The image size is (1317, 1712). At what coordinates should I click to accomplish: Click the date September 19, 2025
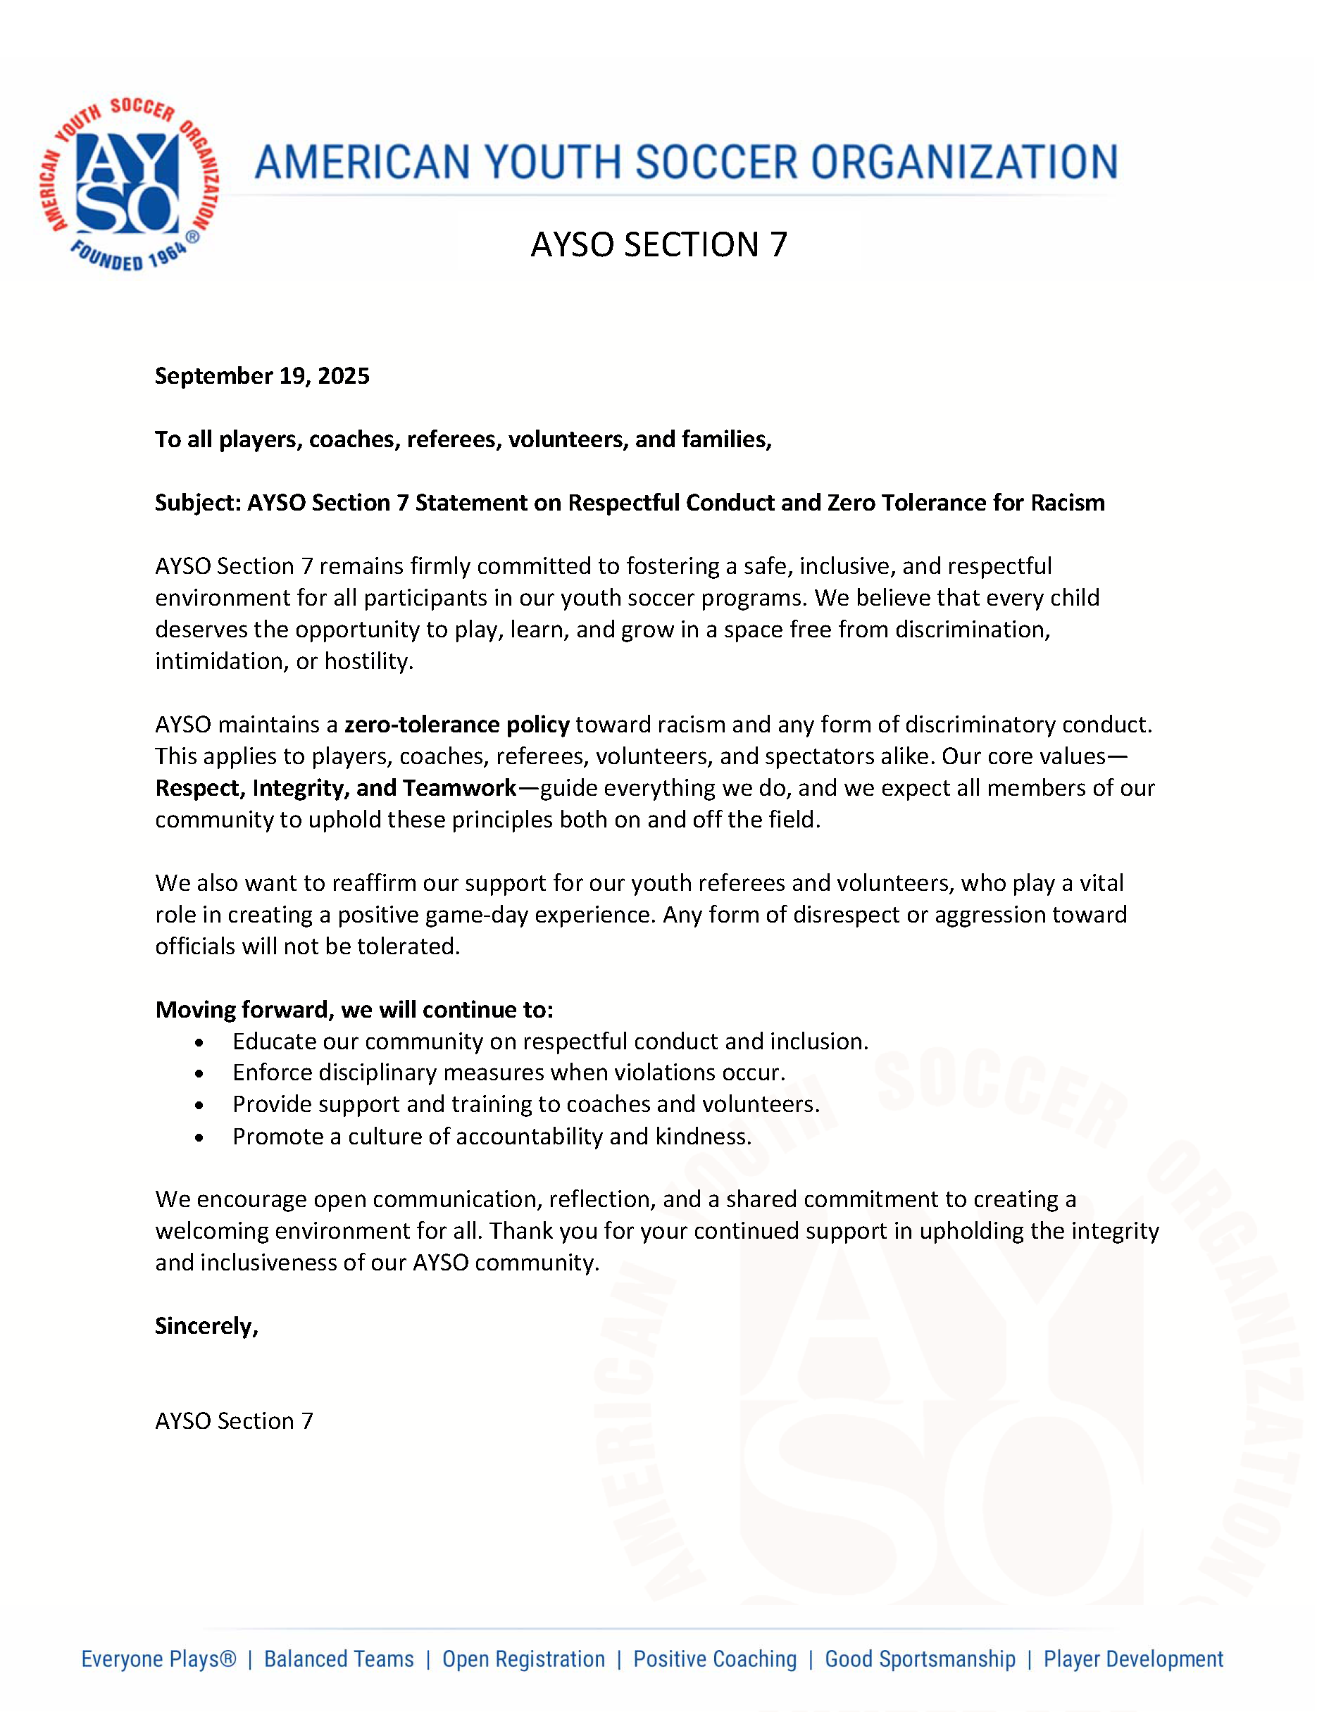pos(262,376)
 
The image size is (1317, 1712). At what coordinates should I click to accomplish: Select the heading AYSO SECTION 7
pos(658,244)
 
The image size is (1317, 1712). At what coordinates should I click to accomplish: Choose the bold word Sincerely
pos(206,1325)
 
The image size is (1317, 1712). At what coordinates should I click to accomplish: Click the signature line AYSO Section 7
pos(234,1421)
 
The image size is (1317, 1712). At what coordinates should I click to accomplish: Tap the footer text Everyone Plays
pos(158,1658)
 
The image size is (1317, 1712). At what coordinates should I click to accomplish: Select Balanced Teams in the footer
pos(339,1658)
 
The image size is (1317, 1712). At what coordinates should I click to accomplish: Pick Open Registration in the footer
pos(524,1658)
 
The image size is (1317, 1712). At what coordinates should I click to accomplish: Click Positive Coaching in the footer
pos(715,1658)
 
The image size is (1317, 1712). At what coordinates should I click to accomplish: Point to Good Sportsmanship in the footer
pos(920,1658)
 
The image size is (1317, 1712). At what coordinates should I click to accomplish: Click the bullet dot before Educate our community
pos(200,1042)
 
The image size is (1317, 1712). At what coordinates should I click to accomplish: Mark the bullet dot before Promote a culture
pos(200,1137)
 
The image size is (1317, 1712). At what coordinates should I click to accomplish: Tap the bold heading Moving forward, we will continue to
pos(354,1010)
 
